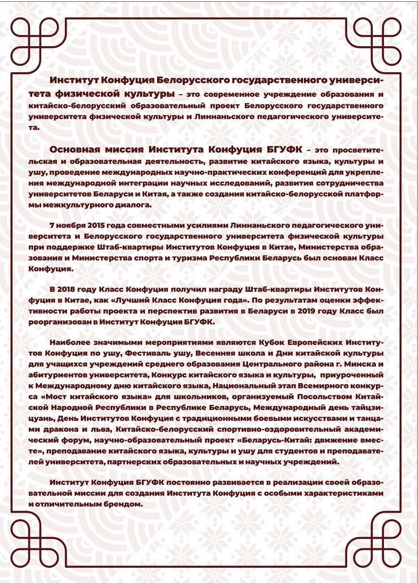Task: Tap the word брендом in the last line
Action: coord(125,504)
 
